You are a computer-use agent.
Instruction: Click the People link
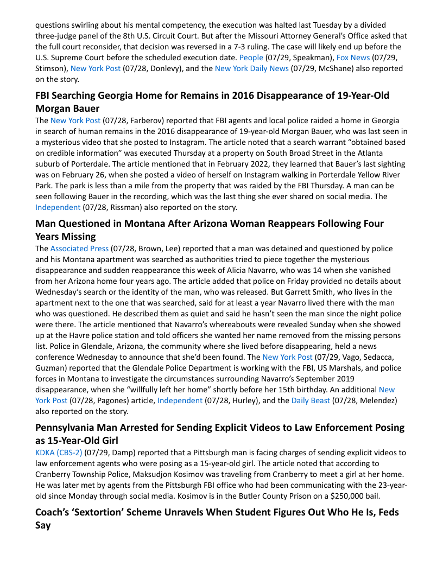tap(251, 57)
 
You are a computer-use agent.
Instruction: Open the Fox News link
tap(353, 57)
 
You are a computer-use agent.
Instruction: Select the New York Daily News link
tap(251, 68)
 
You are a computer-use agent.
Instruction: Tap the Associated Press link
tap(79, 249)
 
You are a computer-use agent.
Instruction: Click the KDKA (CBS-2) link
tap(59, 452)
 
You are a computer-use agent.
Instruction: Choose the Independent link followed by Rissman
tap(58, 207)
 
